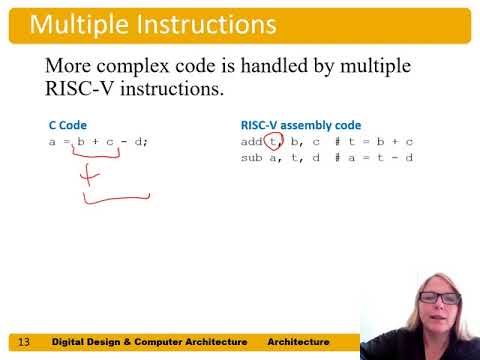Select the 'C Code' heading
(68, 126)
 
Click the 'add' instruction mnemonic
(251, 141)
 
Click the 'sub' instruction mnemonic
(251, 157)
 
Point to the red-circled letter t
(273, 142)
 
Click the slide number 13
(25, 343)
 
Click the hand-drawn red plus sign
(91, 177)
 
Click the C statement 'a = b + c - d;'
(99, 142)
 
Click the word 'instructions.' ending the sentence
(179, 90)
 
